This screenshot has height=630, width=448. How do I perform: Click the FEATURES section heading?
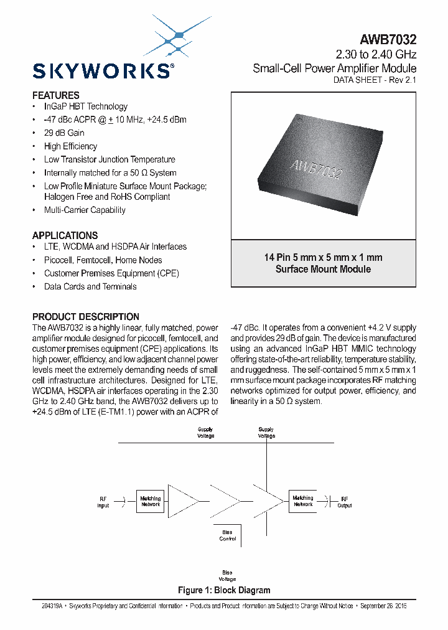[56, 95]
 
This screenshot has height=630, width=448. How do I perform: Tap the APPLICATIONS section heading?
[65, 235]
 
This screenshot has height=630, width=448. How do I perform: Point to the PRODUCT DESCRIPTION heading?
[86, 316]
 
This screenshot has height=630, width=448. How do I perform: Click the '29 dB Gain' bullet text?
[64, 133]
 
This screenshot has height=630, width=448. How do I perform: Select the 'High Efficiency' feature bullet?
[70, 146]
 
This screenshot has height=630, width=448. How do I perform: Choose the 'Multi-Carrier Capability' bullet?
[85, 210]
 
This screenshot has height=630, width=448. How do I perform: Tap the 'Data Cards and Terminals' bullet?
[90, 286]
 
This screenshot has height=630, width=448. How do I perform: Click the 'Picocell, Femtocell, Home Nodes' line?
[103, 260]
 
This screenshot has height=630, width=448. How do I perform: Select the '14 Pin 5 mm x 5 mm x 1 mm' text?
[323, 257]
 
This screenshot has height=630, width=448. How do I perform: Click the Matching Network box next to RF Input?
[151, 501]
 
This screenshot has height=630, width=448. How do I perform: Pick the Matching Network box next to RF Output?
[303, 501]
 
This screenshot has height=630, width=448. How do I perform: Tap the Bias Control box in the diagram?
[227, 535]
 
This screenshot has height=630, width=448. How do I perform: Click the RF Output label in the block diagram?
[344, 502]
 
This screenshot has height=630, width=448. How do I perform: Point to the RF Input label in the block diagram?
[103, 502]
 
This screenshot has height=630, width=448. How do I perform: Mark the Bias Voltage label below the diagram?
[227, 575]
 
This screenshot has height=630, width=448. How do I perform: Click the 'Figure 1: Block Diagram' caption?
[224, 590]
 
